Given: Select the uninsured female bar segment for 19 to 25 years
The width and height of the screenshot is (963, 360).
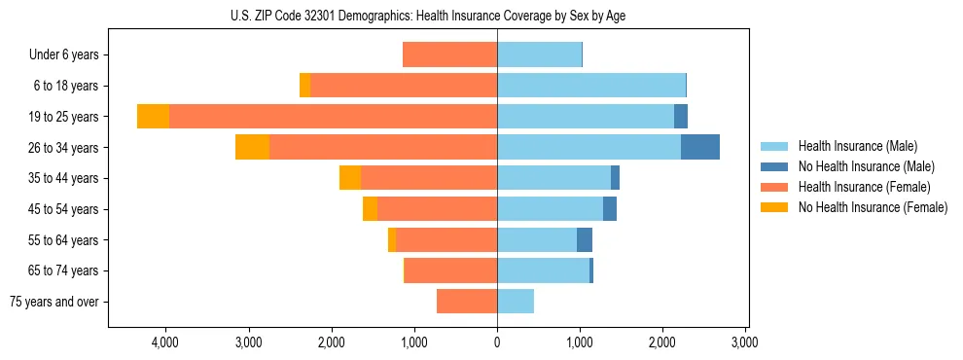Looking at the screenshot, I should click(153, 117).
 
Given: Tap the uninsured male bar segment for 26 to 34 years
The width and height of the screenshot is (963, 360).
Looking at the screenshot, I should click(700, 147).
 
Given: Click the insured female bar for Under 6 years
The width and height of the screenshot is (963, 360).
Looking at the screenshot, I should click(449, 54).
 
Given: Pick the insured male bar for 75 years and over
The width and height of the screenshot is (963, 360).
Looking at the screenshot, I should click(516, 302).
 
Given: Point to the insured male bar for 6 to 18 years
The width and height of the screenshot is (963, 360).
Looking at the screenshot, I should click(591, 86).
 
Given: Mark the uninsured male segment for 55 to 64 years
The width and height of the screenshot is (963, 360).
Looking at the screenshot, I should click(585, 239).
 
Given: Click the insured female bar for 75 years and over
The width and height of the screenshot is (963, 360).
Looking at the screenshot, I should click(467, 302).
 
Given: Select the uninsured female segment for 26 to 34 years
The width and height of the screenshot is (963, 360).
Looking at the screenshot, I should click(252, 147).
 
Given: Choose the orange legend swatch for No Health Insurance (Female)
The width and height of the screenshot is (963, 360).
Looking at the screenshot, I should click(775, 207).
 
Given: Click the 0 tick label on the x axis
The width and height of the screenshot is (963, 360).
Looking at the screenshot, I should click(497, 342).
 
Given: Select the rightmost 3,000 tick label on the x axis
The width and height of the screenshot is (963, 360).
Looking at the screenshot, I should click(745, 342).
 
